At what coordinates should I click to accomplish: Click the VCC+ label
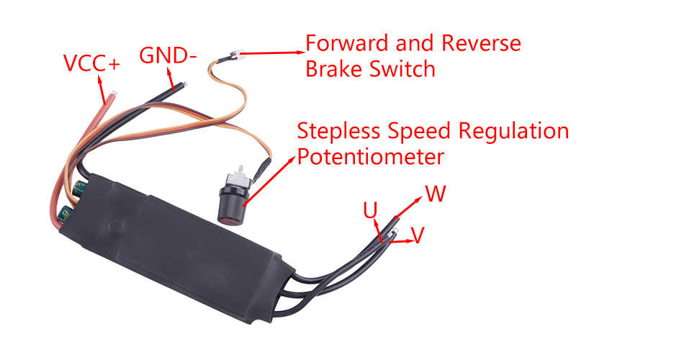click(x=91, y=63)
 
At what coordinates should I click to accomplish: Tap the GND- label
click(x=168, y=55)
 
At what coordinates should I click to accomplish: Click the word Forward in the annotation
click(x=347, y=43)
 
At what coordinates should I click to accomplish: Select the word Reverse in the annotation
click(x=481, y=43)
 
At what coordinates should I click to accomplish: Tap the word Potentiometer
click(x=370, y=157)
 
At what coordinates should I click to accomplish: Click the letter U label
click(x=370, y=211)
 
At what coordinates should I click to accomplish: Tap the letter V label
click(x=418, y=235)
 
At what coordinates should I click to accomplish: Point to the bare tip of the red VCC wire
click(x=114, y=93)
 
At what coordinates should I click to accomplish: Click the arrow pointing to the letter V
click(x=401, y=241)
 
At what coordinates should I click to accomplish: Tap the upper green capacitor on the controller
click(x=80, y=188)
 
